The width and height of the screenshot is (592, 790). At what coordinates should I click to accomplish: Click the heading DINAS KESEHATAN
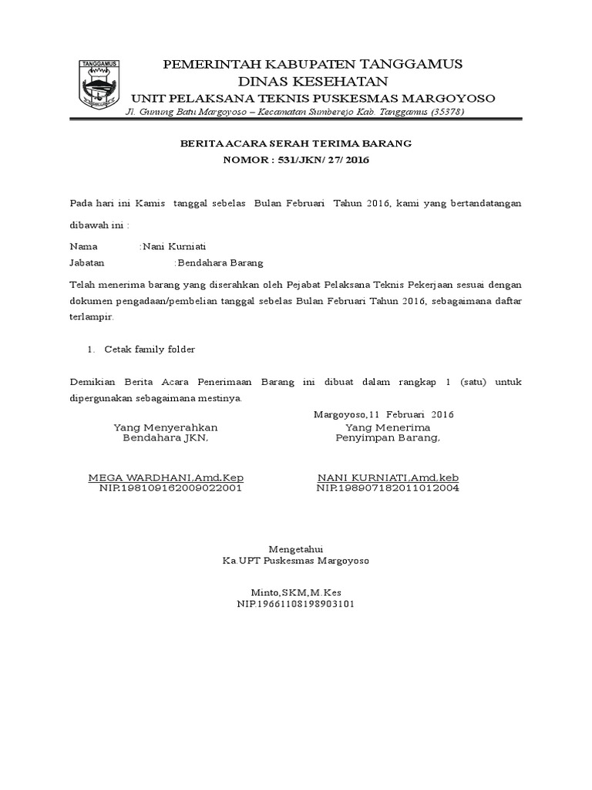(312, 81)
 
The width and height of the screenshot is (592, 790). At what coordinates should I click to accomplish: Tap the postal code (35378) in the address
(437, 112)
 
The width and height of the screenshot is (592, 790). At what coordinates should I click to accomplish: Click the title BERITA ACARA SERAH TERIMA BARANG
(296, 143)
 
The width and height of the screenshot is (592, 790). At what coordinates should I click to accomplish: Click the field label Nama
(84, 247)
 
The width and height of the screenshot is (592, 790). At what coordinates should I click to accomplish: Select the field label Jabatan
(87, 262)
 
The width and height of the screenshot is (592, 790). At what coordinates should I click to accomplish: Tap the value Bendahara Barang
(220, 262)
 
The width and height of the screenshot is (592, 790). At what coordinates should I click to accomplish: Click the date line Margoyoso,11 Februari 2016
(384, 414)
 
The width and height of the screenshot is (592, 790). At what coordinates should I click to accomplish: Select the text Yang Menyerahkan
(166, 427)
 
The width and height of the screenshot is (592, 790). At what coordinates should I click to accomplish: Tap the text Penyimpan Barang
(388, 438)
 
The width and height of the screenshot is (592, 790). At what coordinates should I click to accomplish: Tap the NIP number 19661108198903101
(295, 604)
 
